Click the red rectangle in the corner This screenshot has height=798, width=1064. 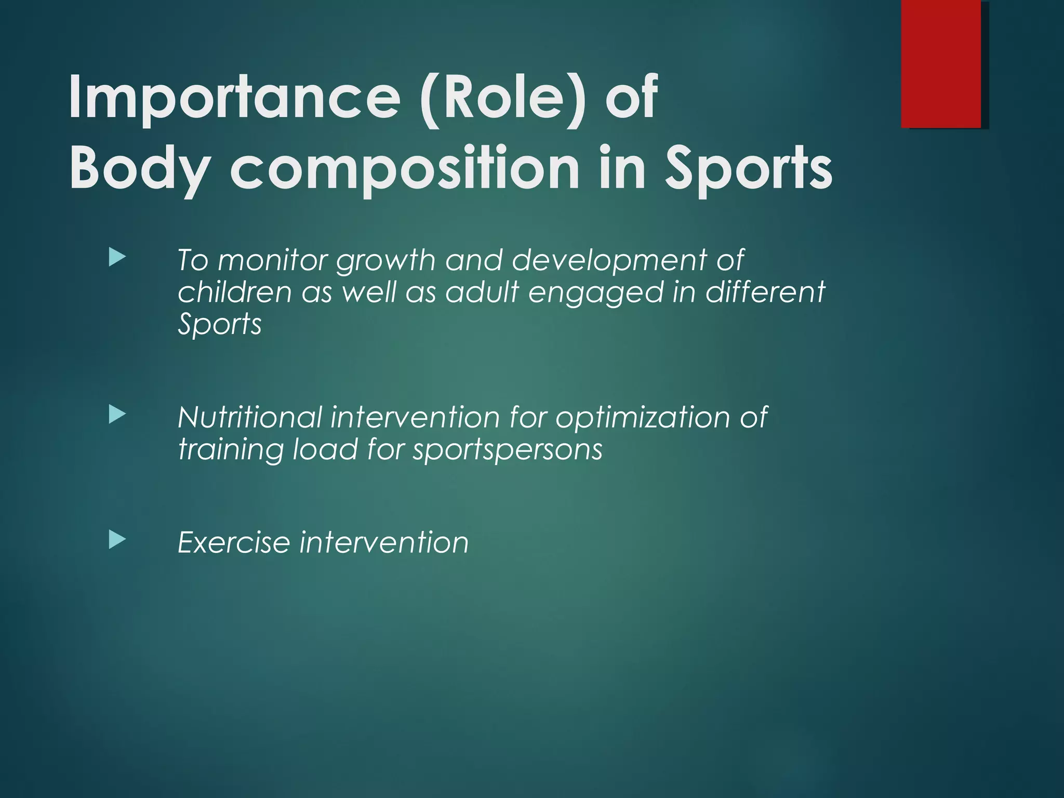(x=941, y=63)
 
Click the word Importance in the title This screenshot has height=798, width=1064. (x=234, y=97)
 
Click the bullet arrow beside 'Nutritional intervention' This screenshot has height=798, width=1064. (x=117, y=415)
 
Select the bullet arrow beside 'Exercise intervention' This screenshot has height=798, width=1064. (x=117, y=540)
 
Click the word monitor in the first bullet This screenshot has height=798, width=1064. (x=272, y=260)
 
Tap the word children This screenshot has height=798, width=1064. (x=234, y=292)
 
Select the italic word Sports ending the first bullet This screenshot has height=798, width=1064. (x=219, y=325)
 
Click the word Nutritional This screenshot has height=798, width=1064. (x=249, y=417)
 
